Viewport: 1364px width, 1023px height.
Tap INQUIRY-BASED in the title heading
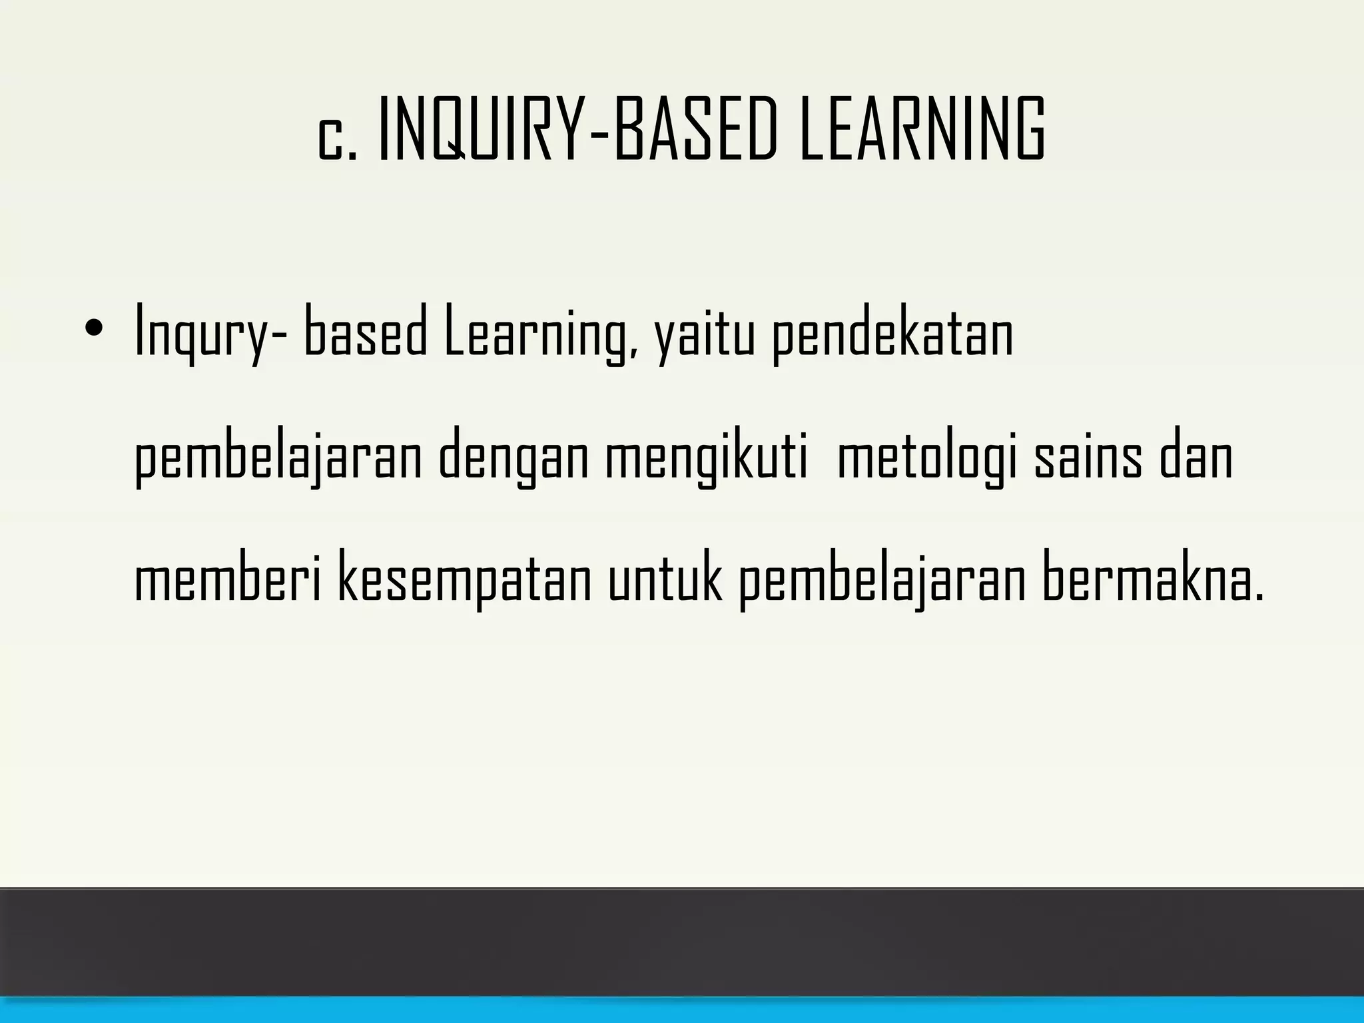(x=577, y=129)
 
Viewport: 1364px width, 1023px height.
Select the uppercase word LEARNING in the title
(x=922, y=129)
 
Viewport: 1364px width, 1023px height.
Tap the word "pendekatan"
(x=892, y=333)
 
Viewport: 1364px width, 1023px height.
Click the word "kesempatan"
(x=465, y=582)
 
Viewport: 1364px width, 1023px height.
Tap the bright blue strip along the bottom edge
(x=682, y=1010)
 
